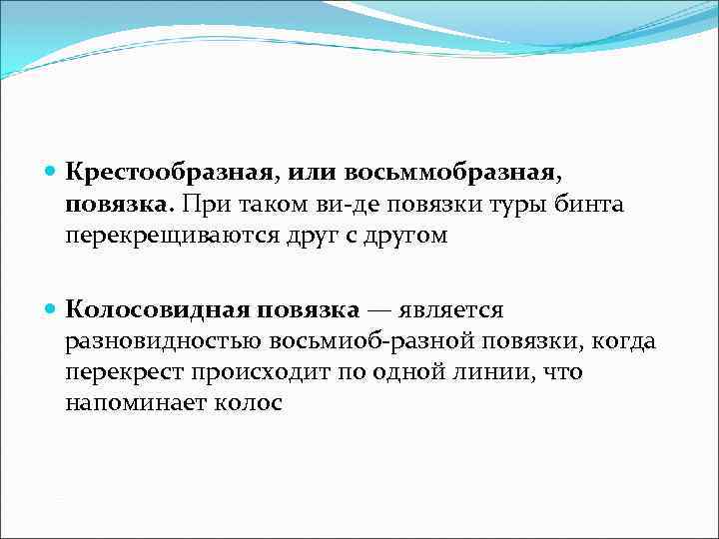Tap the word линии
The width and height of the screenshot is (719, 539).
tap(489, 373)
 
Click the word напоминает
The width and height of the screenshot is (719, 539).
tap(133, 404)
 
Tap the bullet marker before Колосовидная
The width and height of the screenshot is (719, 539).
tap(52, 310)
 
